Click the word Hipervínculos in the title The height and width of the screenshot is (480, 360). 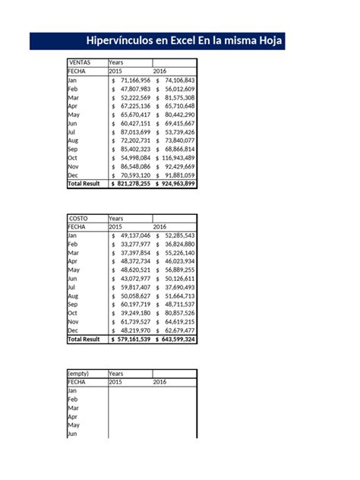(x=123, y=41)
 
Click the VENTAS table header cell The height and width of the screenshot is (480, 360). (x=80, y=62)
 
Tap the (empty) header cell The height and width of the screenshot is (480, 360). (x=79, y=374)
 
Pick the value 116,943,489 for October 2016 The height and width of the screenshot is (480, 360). (x=178, y=157)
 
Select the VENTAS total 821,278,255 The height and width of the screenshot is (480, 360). (x=134, y=184)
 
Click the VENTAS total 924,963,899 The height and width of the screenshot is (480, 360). (x=178, y=184)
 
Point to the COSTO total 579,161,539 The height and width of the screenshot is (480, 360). (x=134, y=339)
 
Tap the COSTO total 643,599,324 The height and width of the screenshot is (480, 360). (x=178, y=339)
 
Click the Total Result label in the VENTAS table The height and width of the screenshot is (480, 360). (x=84, y=184)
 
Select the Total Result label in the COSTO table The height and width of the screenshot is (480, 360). (x=84, y=339)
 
